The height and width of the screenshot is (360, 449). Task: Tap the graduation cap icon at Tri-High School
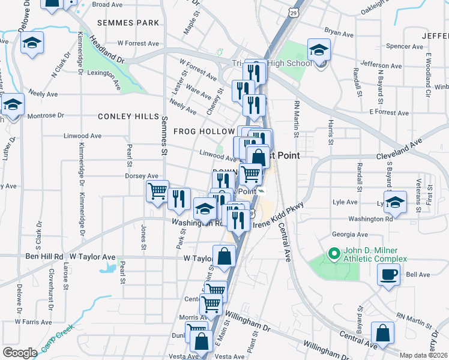tap(319, 50)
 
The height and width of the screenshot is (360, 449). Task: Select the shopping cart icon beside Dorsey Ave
tap(157, 191)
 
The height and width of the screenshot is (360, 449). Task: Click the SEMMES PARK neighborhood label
tap(130, 23)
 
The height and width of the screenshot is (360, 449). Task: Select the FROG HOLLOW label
tap(204, 131)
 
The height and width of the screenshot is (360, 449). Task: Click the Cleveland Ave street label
tap(400, 150)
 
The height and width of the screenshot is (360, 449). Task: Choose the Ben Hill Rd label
tap(43, 257)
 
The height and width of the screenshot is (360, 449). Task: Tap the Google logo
tap(20, 352)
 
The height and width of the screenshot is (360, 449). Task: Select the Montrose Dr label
tap(45, 115)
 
